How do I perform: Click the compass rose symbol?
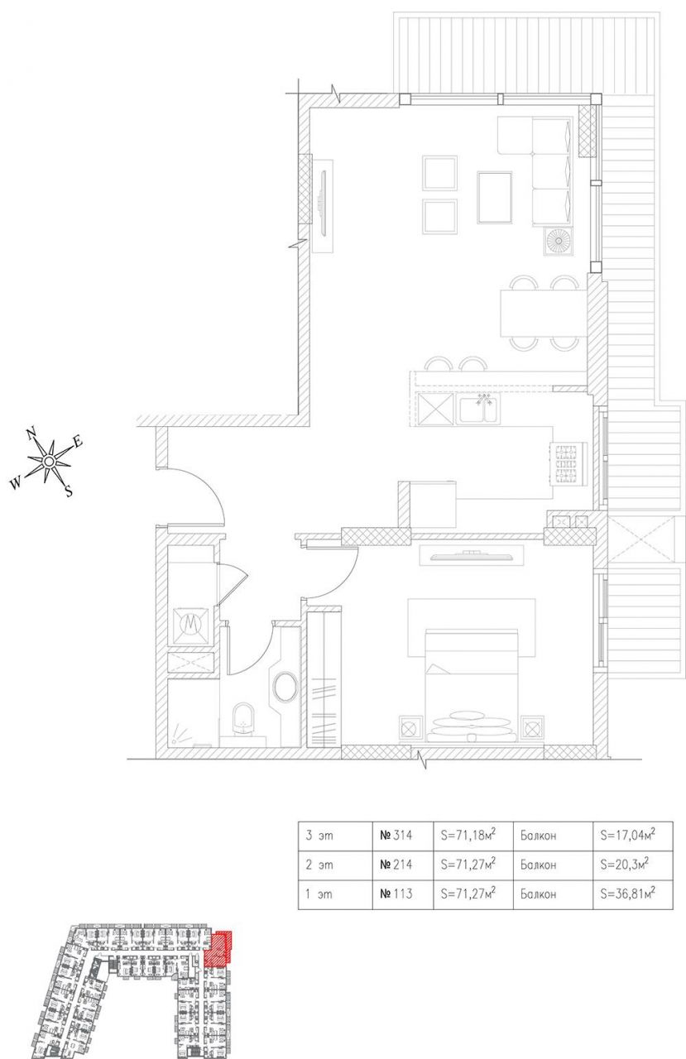coord(49,460)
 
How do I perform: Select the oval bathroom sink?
coord(285,687)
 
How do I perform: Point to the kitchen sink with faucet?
coord(481,408)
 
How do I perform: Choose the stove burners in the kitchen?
coord(568,462)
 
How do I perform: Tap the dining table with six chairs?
coord(542,314)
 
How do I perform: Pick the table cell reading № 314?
coord(395,836)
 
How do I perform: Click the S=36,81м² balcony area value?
coord(623,894)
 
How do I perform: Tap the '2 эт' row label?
coord(319,865)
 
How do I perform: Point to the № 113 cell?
coord(395,894)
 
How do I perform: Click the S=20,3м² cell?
coord(623,865)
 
